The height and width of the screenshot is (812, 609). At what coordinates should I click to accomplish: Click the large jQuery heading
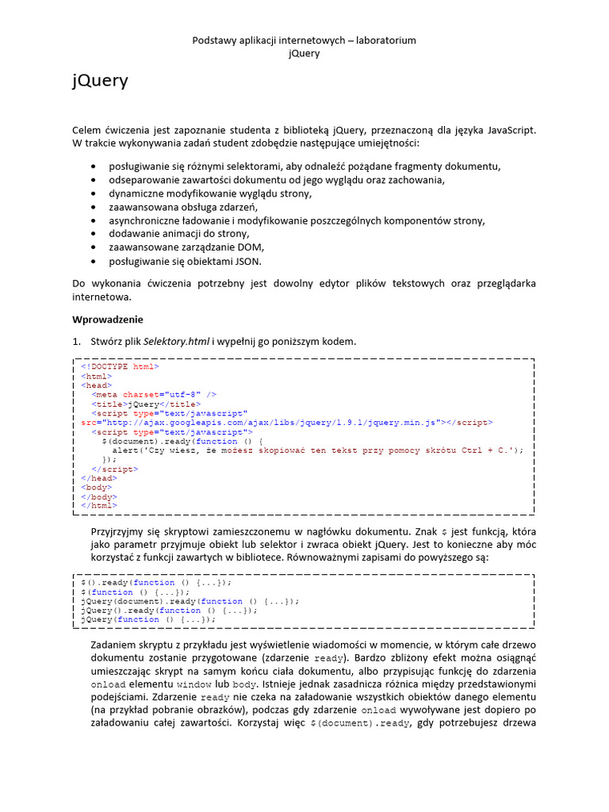click(x=100, y=81)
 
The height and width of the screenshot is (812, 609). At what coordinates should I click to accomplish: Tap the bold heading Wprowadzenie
click(x=108, y=320)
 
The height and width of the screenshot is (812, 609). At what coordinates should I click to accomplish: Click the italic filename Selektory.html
click(x=177, y=341)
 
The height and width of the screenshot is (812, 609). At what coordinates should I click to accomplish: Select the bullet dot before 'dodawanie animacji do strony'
click(x=94, y=234)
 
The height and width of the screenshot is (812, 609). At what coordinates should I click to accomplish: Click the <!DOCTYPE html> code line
click(x=120, y=367)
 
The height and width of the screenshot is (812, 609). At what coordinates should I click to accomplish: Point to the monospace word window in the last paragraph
click(x=193, y=683)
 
